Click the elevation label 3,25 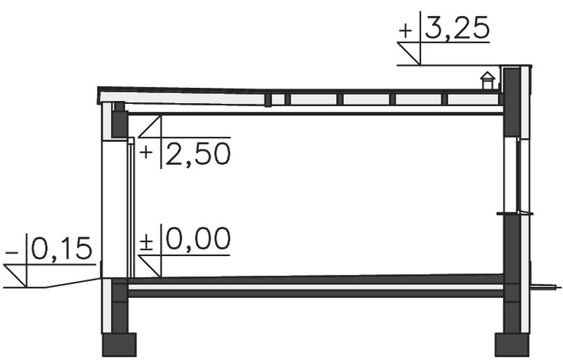coord(457,28)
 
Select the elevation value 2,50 coord(198,154)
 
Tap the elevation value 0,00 coord(198,238)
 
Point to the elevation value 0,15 coord(62,249)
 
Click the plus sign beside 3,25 coord(406,30)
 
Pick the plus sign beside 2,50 coord(146,152)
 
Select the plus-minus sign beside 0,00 coord(146,242)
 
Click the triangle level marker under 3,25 coord(409,54)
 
